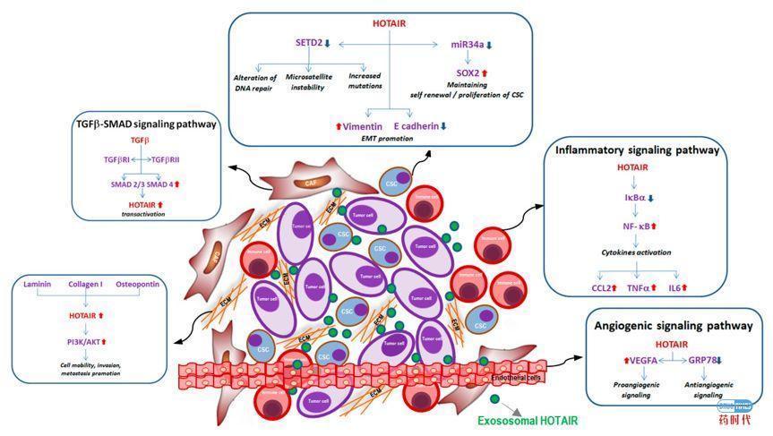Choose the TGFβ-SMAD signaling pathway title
coord(146,124)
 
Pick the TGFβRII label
coord(171,158)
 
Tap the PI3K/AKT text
coord(85,339)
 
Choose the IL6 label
coord(679,288)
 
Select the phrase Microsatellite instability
coord(310,85)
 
